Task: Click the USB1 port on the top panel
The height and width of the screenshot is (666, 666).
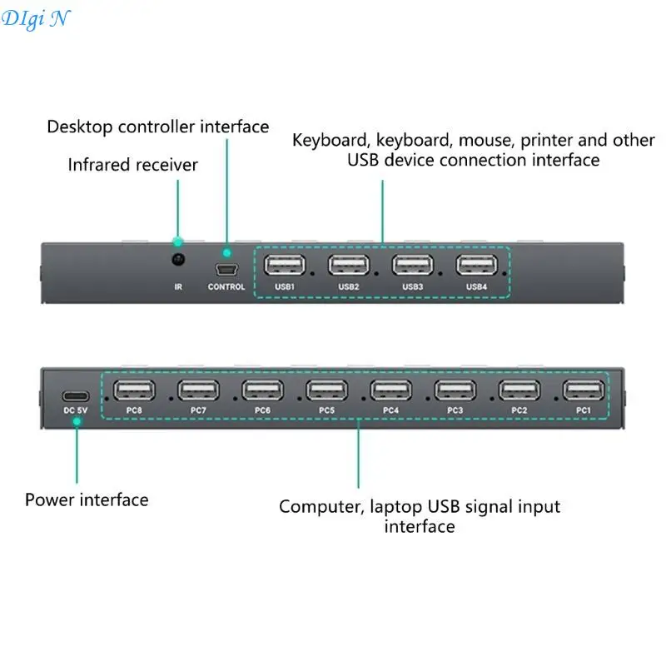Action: tap(285, 266)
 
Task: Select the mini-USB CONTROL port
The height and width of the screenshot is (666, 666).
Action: tap(226, 270)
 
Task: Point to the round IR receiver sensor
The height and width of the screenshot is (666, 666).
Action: tap(177, 261)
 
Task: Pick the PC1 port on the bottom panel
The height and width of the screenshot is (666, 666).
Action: tap(584, 390)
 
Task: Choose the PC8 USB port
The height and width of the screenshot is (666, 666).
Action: tap(134, 390)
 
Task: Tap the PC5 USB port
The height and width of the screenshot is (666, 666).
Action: tap(326, 390)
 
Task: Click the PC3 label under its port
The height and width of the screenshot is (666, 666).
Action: tap(455, 410)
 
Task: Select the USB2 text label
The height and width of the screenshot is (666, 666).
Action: tap(349, 287)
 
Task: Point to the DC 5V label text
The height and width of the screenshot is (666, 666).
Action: tap(76, 410)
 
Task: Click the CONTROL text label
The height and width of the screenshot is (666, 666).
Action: tap(226, 287)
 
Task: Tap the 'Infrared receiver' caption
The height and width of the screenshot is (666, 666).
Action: tap(133, 165)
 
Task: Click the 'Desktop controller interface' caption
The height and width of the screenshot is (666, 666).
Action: tap(158, 127)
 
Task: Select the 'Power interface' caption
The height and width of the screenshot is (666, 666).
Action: tap(87, 500)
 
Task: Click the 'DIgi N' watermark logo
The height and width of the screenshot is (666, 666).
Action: tap(35, 18)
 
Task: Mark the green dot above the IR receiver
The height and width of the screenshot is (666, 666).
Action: tap(177, 241)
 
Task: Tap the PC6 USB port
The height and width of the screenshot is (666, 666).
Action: tap(262, 390)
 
